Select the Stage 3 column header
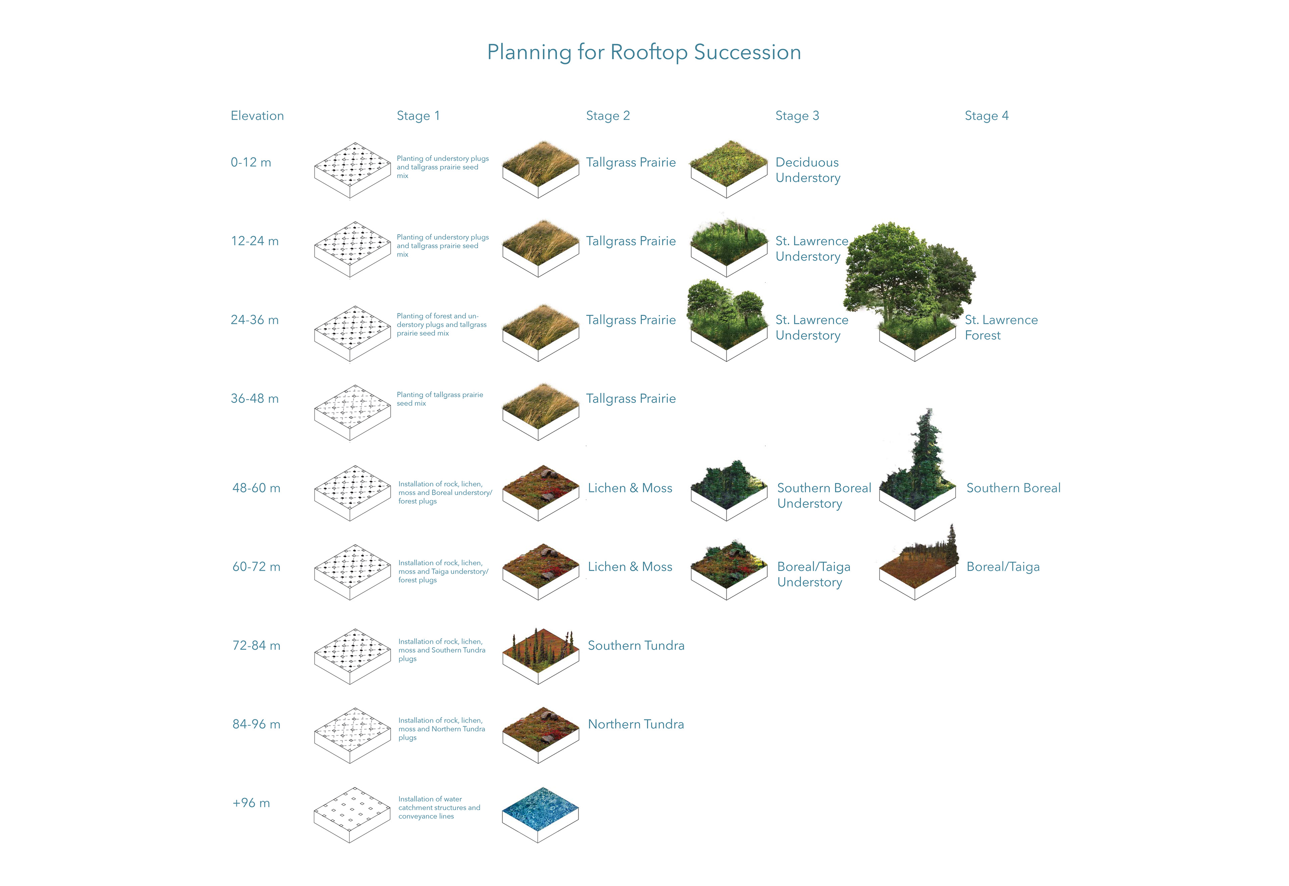tap(797, 116)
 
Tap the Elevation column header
tap(257, 116)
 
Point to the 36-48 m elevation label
tap(255, 399)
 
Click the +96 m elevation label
tap(251, 803)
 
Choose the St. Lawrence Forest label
tap(1001, 327)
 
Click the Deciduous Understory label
tap(808, 170)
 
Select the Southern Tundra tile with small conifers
tap(540, 656)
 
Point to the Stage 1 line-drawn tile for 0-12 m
tap(352, 170)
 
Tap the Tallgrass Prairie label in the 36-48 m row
tap(631, 399)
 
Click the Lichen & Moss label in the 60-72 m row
tap(630, 567)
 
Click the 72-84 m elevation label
tap(256, 646)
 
